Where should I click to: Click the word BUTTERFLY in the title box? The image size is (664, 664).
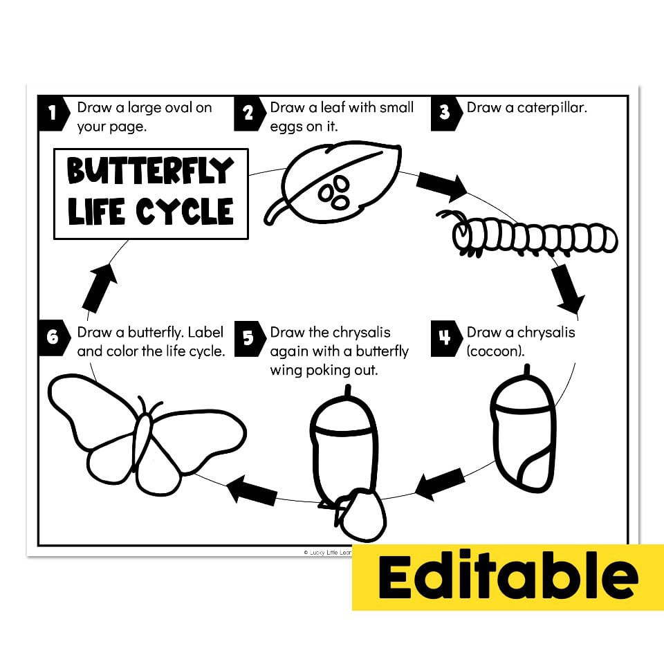[149, 172]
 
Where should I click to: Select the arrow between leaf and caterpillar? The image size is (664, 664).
[443, 185]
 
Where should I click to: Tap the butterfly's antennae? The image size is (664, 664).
[149, 405]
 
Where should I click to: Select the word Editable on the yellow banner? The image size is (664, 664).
[508, 577]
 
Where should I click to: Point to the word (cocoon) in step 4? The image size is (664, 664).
[495, 351]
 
